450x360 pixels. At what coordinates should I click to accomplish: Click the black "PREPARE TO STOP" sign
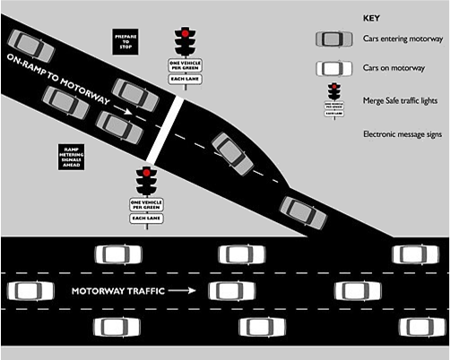(x=125, y=41)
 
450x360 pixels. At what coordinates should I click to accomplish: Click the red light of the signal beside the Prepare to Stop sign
(x=185, y=33)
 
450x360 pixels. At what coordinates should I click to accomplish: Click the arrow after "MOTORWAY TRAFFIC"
(x=183, y=291)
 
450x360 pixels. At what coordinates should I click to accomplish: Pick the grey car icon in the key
(x=332, y=40)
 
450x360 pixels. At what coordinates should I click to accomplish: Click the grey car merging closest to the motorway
(x=298, y=211)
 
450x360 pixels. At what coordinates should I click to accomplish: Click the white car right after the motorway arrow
(x=230, y=291)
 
